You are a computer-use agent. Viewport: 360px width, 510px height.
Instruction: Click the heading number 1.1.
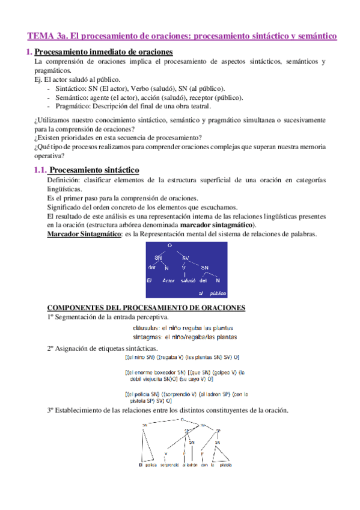(x=40, y=170)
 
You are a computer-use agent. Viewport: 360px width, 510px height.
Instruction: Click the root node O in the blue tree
(x=170, y=245)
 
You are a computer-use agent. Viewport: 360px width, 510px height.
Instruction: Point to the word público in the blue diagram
(x=218, y=293)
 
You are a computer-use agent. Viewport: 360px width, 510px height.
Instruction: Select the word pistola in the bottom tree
(x=225, y=465)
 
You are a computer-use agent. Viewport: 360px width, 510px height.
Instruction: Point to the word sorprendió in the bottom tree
(x=171, y=465)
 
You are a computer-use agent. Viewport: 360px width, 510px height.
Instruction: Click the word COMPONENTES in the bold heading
(x=75, y=307)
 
